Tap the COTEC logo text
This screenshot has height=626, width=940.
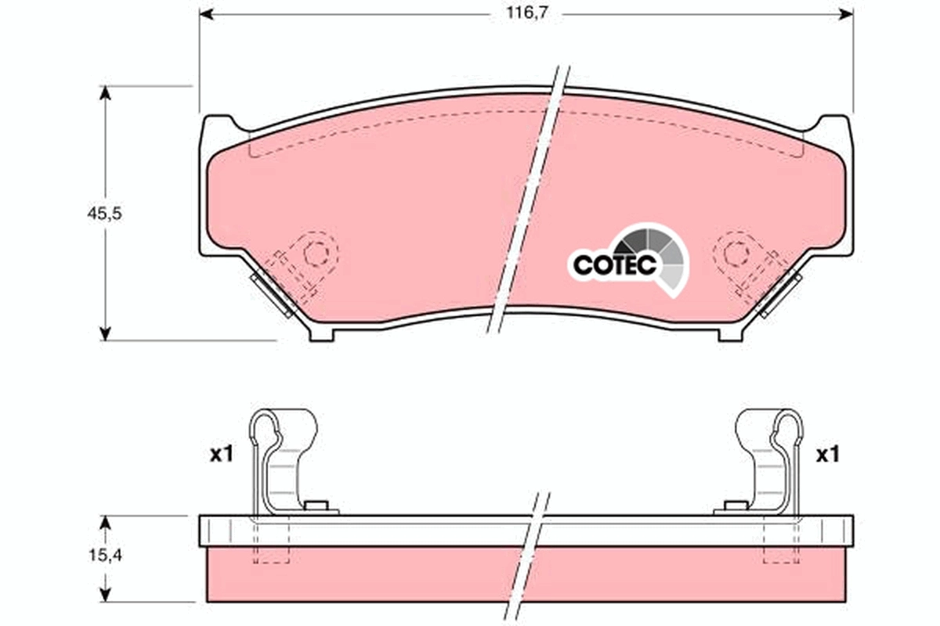[x=614, y=264]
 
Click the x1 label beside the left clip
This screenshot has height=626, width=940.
[x=222, y=454]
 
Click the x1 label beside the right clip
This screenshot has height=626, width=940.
[x=827, y=454]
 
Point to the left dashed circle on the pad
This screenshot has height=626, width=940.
[x=316, y=253]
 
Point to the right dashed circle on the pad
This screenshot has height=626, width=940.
[x=736, y=253]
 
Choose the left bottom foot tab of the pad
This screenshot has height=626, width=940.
[x=323, y=334]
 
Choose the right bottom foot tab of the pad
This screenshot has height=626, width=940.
[x=731, y=334]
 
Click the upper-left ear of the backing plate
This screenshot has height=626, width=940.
[x=219, y=125]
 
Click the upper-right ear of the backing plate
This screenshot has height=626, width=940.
[x=832, y=125]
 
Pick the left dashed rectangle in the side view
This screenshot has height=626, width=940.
[x=272, y=548]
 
